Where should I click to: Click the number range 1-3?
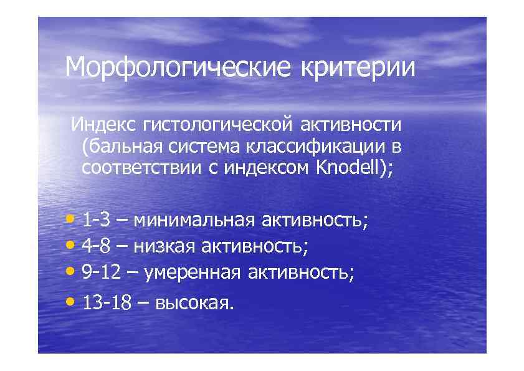pos(96,220)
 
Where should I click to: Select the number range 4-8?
pos(97,246)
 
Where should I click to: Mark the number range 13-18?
pos(107,303)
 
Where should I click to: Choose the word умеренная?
pos(193,272)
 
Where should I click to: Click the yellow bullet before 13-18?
pos(70,302)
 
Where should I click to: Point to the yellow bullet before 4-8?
pos(70,246)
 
